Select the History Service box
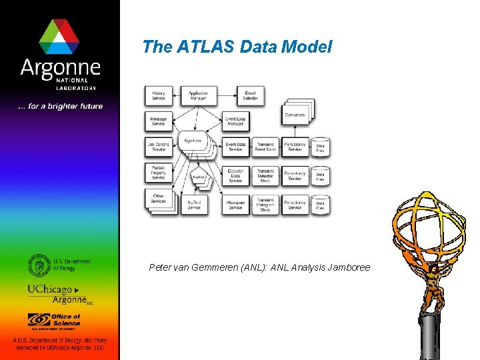pyautogui.click(x=159, y=96)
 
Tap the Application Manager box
pyautogui.click(x=198, y=96)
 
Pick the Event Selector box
pyautogui.click(x=250, y=96)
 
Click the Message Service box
pyautogui.click(x=159, y=121)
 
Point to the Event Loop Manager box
pyautogui.click(x=235, y=121)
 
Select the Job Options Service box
pyautogui.click(x=159, y=147)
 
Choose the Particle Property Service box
pyautogui.click(x=159, y=173)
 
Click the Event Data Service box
pyautogui.click(x=235, y=147)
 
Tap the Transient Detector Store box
pyautogui.click(x=265, y=175)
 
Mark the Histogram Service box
pyautogui.click(x=235, y=205)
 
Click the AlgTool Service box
pyautogui.click(x=194, y=205)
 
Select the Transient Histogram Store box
pyautogui.click(x=265, y=205)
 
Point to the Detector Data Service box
pyautogui.click(x=235, y=175)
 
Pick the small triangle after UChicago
pyautogui.click(x=77, y=291)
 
